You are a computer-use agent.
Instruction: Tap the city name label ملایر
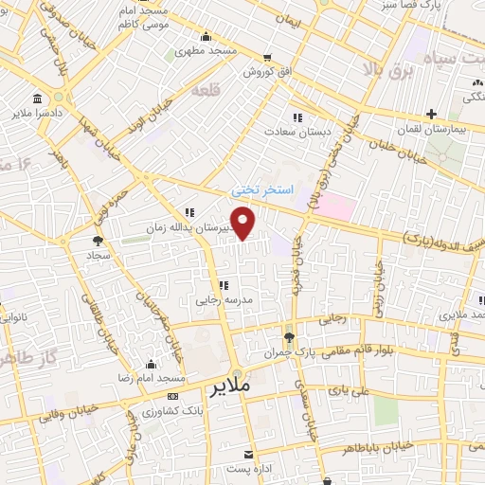(x=230, y=388)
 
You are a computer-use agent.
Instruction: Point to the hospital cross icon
(x=431, y=114)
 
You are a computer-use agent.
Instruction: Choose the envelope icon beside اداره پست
(x=248, y=456)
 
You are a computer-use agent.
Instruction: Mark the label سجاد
(x=99, y=256)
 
